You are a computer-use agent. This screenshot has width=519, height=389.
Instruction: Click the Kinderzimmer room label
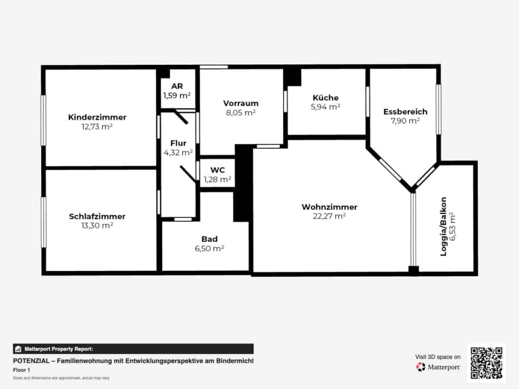[97, 117]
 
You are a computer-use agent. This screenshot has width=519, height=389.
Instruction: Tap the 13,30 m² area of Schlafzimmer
[97, 225]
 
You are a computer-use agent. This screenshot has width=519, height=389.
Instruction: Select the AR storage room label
[177, 86]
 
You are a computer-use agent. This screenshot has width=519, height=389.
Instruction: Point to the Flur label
[178, 143]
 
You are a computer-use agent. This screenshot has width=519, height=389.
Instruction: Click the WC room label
[217, 170]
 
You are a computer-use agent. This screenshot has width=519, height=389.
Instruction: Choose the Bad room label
[209, 239]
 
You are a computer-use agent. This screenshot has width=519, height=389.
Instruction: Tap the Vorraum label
[241, 103]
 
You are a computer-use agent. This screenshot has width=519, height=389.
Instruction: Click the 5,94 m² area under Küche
[326, 107]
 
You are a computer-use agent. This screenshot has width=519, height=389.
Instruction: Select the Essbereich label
[405, 111]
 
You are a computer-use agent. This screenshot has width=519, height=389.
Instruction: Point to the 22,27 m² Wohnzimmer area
[329, 216]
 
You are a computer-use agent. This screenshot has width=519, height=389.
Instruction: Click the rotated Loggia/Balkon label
[443, 226]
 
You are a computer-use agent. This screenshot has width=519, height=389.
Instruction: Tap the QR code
[487, 363]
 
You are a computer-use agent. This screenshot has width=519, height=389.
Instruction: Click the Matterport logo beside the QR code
[438, 367]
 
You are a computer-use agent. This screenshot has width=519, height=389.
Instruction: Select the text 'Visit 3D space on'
[437, 357]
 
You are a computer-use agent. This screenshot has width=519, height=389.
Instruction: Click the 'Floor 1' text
[21, 370]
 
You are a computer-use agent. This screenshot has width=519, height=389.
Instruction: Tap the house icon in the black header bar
[18, 349]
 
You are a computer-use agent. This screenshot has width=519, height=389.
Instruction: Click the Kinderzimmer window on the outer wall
[44, 120]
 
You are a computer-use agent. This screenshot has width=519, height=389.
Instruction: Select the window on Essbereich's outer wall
[438, 109]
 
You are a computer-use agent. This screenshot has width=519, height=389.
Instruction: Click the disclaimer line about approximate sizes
[61, 378]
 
